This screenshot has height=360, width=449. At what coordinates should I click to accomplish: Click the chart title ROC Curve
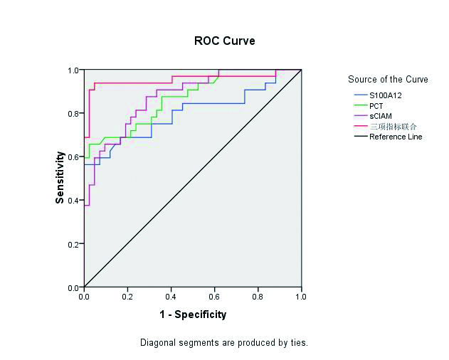(x=224, y=41)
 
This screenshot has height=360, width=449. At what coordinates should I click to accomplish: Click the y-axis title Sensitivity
(x=60, y=179)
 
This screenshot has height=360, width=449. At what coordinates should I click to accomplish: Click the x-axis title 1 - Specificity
(x=192, y=314)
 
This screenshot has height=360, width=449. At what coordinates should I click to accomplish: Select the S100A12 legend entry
(x=386, y=95)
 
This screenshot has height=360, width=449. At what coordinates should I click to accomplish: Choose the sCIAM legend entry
(x=381, y=115)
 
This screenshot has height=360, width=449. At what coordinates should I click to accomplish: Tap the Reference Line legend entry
(x=395, y=137)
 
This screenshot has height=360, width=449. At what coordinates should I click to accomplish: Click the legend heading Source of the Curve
(x=388, y=79)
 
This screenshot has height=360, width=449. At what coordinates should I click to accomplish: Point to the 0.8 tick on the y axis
(x=73, y=114)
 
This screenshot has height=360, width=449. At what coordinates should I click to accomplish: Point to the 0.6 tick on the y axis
(x=73, y=157)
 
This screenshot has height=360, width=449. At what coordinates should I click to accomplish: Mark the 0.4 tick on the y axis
(x=73, y=201)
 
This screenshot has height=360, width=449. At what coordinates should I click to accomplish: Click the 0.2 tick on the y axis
(x=73, y=244)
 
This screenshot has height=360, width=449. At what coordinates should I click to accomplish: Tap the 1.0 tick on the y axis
(x=73, y=70)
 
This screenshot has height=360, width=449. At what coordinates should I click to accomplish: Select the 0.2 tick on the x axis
(x=127, y=296)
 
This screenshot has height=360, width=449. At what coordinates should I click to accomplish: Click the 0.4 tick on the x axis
(x=171, y=296)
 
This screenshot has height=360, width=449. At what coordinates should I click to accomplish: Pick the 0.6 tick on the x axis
(x=215, y=296)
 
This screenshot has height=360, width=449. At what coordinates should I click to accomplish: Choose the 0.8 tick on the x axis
(x=258, y=296)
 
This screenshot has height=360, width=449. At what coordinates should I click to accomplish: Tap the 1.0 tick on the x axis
(x=302, y=296)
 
